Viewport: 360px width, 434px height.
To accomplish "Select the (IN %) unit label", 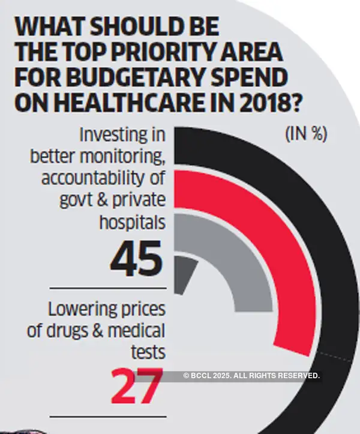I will pyautogui.click(x=305, y=134).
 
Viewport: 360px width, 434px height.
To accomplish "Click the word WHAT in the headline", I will pyautogui.click(x=54, y=28).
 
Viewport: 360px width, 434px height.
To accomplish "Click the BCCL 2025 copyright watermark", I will pyautogui.click(x=251, y=375).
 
